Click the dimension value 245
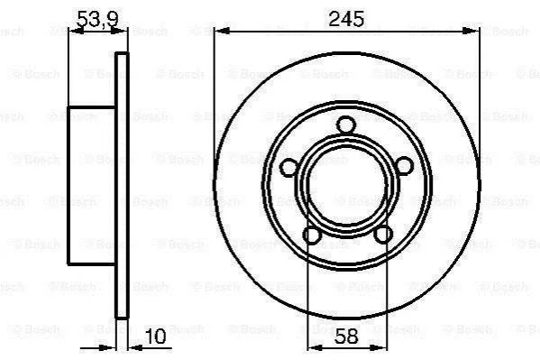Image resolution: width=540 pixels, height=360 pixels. pyautogui.click(x=346, y=19)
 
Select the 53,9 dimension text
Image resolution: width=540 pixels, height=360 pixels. pyautogui.click(x=97, y=19)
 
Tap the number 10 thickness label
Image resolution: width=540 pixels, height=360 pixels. pyautogui.click(x=156, y=336)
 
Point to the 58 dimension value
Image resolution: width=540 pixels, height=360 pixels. pyautogui.click(x=346, y=337)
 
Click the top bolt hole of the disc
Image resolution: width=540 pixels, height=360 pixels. pyautogui.click(x=346, y=125)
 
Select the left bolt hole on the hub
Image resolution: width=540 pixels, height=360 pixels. pyautogui.click(x=289, y=168)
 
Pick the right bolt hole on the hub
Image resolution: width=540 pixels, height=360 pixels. pyautogui.click(x=403, y=166)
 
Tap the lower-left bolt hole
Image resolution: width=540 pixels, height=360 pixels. pyautogui.click(x=312, y=235)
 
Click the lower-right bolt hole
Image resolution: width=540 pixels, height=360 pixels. pyautogui.click(x=383, y=235)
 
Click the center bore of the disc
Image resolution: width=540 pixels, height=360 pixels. pyautogui.click(x=347, y=186)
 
